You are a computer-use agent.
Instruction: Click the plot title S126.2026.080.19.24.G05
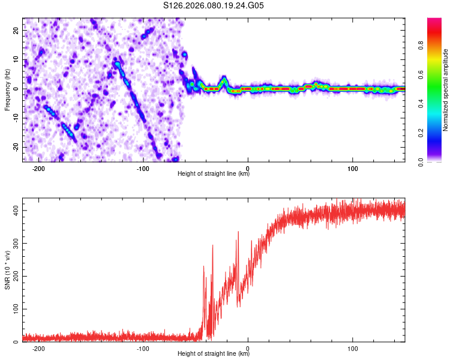214,6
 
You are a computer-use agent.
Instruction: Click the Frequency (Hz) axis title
7,89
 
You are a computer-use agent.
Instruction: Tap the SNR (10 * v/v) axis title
7,274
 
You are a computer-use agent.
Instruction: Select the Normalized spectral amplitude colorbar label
446,90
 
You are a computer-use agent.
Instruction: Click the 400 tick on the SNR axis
13,211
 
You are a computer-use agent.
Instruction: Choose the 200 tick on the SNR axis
13,277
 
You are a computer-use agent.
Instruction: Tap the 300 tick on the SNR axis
13,244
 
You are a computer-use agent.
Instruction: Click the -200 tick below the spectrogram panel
38,169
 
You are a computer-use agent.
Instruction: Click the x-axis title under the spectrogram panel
214,174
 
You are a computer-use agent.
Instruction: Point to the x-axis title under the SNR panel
214,354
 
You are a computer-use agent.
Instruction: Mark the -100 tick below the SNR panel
143,349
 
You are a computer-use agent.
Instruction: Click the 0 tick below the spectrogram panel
248,169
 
